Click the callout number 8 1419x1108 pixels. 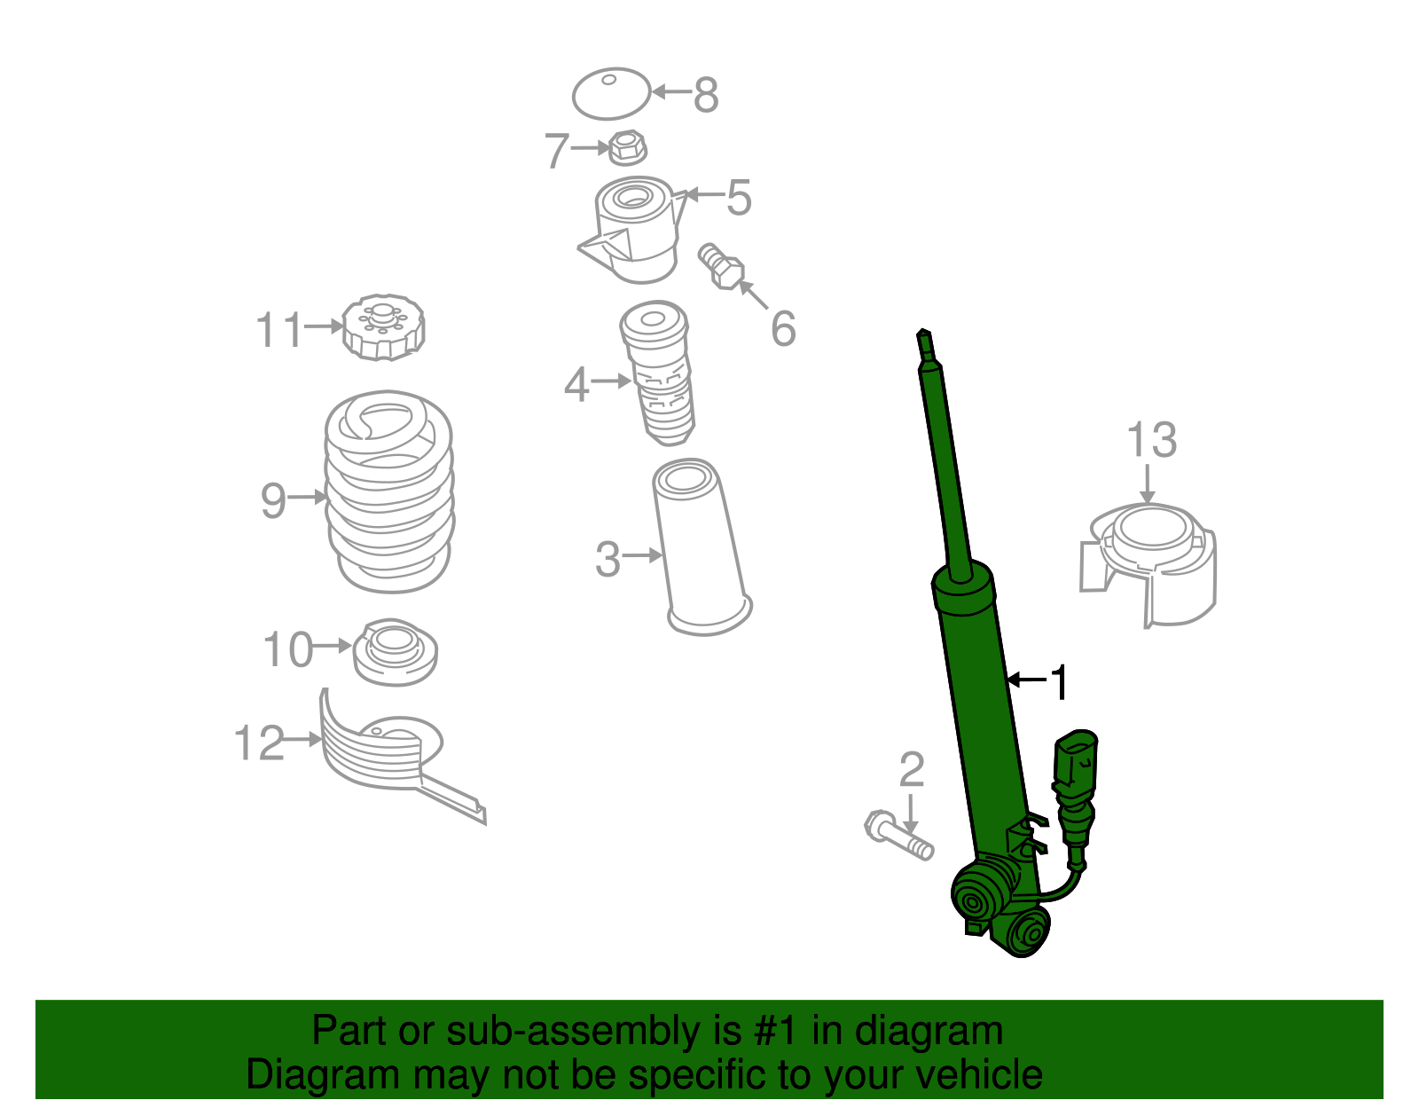(x=706, y=95)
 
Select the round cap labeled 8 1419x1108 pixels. (x=610, y=94)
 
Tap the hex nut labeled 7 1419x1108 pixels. (x=628, y=147)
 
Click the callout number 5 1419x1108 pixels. (x=738, y=197)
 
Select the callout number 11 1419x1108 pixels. (x=279, y=330)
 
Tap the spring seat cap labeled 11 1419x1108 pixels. (x=383, y=327)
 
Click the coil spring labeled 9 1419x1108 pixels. (x=388, y=492)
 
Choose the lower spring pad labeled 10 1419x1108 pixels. (x=395, y=651)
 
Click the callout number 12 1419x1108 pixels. (x=259, y=743)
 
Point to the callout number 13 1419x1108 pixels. (x=1151, y=440)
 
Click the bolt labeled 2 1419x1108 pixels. (x=898, y=836)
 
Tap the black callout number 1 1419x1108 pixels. (x=1059, y=682)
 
